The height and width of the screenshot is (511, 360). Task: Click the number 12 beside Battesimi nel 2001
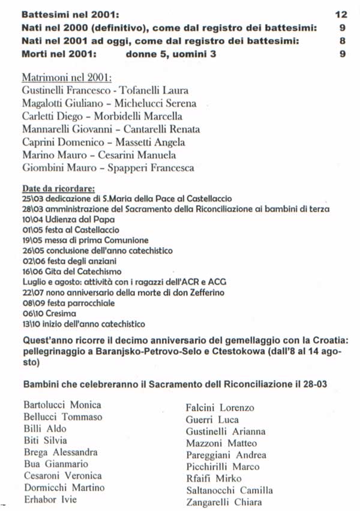341,13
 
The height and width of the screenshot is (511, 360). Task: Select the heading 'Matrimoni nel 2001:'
67,79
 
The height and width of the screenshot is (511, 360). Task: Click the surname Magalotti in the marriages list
43,104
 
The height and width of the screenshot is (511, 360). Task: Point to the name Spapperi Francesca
160,168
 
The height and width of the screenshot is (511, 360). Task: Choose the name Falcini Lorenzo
220,408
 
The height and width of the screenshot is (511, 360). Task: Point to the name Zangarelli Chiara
224,502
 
